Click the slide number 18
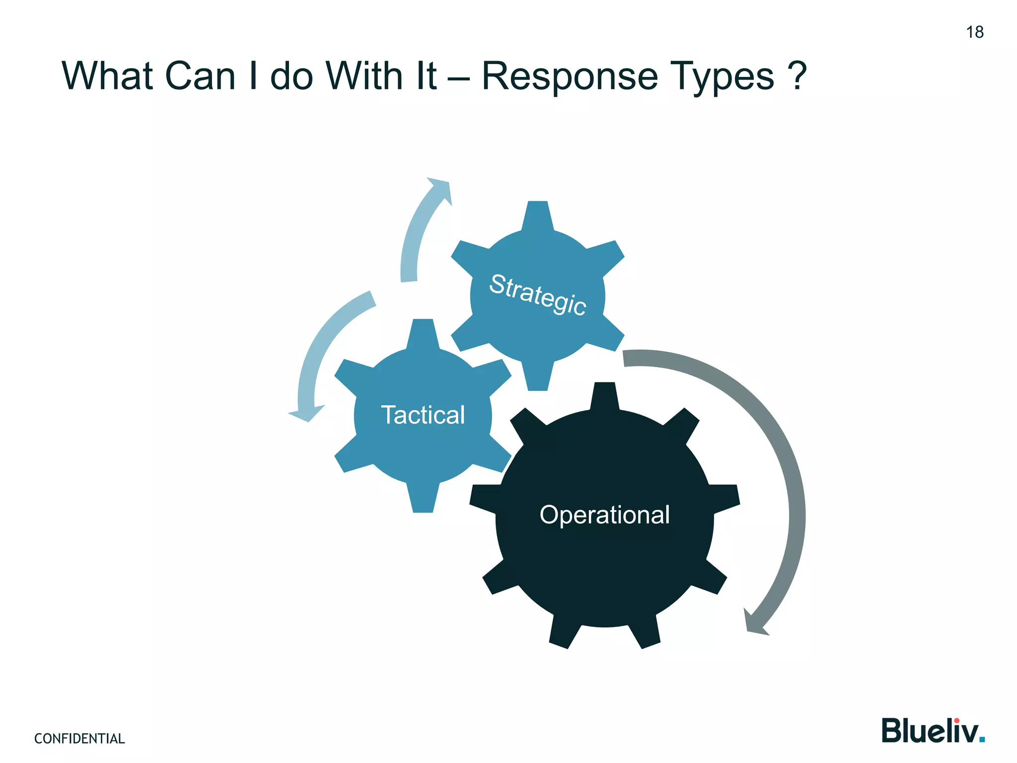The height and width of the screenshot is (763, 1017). point(974,32)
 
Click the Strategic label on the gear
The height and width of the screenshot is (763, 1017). point(538,294)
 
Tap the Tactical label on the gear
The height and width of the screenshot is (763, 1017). point(423,415)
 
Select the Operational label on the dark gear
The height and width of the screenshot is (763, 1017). point(604,515)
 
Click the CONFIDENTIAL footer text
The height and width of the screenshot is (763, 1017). point(79,739)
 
